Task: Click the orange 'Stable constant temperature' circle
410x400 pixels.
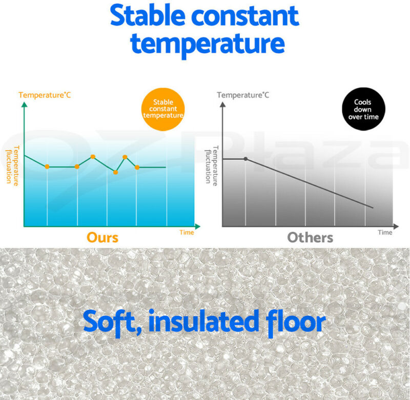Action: (163, 109)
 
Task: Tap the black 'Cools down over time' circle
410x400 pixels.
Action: (363, 109)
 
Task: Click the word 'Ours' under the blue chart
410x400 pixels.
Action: (102, 238)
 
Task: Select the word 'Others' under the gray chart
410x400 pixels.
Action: (310, 238)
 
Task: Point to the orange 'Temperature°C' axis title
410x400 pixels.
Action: (45, 95)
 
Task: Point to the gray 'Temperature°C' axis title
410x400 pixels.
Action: (243, 95)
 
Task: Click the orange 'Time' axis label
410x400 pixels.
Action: (187, 233)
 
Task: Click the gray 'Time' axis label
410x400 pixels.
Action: (385, 233)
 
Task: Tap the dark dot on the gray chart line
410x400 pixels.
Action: (245, 159)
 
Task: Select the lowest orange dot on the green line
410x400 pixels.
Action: (116, 172)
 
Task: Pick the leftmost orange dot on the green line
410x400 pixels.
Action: (47, 166)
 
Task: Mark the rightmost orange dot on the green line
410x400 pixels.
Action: (137, 167)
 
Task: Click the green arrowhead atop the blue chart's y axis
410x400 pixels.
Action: (24, 104)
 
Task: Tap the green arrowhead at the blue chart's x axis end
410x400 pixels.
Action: (198, 226)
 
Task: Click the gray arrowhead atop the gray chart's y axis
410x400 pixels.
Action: (222, 104)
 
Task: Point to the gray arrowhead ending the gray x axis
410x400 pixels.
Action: (396, 226)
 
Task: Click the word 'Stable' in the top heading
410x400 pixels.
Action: (148, 15)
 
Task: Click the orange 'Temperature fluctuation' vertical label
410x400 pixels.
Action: (12, 166)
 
